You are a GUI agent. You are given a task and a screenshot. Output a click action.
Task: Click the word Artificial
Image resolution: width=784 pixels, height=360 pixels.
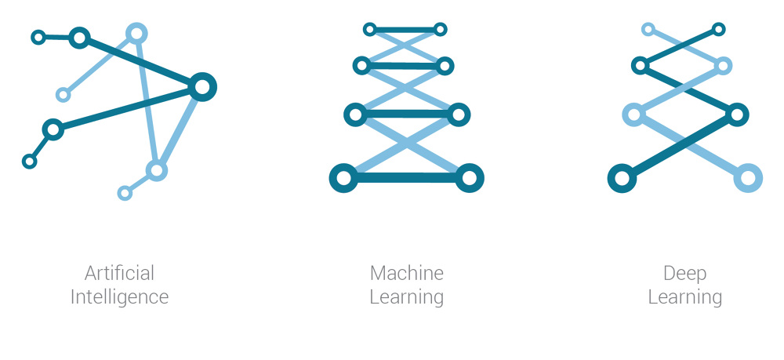pyautogui.click(x=119, y=274)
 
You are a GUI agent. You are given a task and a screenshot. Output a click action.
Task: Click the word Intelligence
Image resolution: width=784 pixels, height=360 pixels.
pyautogui.click(x=119, y=297)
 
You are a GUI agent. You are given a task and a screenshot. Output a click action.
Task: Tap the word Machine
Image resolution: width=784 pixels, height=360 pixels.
pyautogui.click(x=406, y=274)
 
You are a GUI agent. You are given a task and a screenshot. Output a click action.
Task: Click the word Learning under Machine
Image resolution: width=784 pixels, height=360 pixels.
pyautogui.click(x=406, y=297)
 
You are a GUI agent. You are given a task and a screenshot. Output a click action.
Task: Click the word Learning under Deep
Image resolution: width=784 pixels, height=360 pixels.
pyautogui.click(x=685, y=297)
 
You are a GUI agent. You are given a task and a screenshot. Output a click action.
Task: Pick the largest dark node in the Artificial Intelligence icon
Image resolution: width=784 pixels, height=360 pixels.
pyautogui.click(x=202, y=87)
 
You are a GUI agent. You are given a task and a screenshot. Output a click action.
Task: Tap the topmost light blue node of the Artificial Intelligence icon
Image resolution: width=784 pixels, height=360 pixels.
pyautogui.click(x=136, y=34)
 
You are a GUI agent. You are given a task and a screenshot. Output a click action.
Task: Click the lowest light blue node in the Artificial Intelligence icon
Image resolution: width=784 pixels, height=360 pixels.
pyautogui.click(x=125, y=193)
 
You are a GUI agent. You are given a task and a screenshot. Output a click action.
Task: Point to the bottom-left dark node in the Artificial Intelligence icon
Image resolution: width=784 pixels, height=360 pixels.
pyautogui.click(x=30, y=162)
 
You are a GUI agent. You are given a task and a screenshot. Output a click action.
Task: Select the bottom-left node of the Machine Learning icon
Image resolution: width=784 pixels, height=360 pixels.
pyautogui.click(x=343, y=178)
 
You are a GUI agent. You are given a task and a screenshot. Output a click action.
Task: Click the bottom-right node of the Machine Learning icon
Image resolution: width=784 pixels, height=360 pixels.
pyautogui.click(x=470, y=178)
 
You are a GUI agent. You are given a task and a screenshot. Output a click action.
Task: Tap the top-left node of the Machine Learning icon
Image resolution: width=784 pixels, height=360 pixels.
pyautogui.click(x=369, y=30)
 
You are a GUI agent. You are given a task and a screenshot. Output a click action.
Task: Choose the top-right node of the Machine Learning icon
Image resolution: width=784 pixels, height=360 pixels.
pyautogui.click(x=440, y=30)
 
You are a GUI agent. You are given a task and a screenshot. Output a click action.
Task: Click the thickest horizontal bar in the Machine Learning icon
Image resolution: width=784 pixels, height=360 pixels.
pyautogui.click(x=406, y=178)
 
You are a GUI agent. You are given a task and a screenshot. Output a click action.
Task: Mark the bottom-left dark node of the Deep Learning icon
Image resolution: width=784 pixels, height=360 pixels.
pyautogui.click(x=622, y=178)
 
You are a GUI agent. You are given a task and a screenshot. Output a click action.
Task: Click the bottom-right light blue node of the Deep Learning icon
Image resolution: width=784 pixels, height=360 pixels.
pyautogui.click(x=748, y=178)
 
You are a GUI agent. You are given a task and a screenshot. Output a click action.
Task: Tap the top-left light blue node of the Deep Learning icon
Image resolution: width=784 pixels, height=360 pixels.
pyautogui.click(x=648, y=30)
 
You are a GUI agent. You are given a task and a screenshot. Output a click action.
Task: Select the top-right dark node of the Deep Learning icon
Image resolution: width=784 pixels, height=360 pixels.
pyautogui.click(x=718, y=30)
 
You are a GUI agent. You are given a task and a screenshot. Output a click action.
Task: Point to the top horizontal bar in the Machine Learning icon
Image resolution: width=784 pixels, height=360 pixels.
pyautogui.click(x=405, y=30)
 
